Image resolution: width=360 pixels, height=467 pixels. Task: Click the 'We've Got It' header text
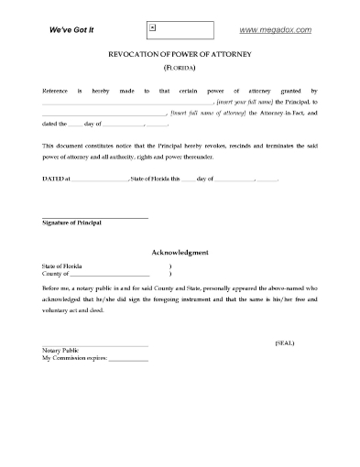71,30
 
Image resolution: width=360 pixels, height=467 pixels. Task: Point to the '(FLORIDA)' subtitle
180,69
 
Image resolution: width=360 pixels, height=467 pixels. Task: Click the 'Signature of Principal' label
72,223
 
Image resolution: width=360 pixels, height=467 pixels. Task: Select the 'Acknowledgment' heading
180,252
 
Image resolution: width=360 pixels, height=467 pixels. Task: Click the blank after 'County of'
109,274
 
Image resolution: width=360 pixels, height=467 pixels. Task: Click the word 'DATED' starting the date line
54,179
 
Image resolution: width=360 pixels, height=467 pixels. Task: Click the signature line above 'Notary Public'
94,344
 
